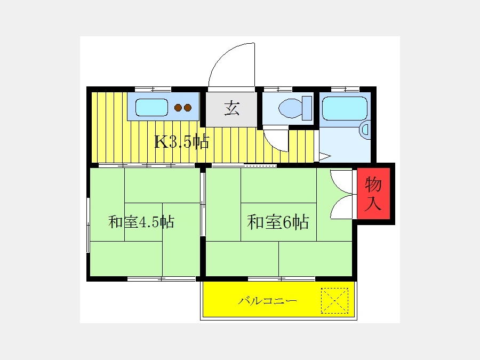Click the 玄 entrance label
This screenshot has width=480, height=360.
pos(232,108)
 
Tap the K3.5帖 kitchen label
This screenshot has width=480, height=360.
pos(182,142)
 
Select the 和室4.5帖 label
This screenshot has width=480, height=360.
pos(141,222)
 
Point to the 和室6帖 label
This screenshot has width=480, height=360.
pos(278,222)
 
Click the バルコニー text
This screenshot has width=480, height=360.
pos(268,301)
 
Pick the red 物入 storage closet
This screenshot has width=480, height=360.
pos(373,194)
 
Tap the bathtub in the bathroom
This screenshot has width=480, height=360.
pos(345,108)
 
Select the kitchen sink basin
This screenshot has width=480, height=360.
pos(151,107)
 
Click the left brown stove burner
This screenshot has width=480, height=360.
pos(178,108)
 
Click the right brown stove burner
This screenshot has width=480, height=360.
pos(188,108)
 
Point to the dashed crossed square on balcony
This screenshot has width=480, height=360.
pos(334,301)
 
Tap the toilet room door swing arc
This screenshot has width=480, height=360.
pos(272,145)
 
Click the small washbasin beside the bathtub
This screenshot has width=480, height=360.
pos(365,130)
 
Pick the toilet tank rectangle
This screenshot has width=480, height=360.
pos(307,108)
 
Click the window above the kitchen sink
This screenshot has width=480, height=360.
pos(153,90)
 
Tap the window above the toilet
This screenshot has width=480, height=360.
pos(278,90)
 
